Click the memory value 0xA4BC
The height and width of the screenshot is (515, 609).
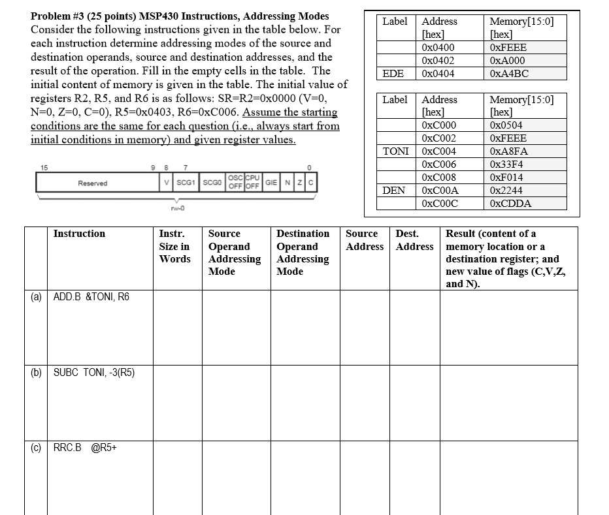pyautogui.click(x=509, y=74)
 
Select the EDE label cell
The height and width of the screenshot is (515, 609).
pyautogui.click(x=393, y=74)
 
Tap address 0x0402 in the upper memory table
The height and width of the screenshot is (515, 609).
pyautogui.click(x=438, y=61)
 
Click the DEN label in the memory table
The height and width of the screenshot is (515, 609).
pyautogui.click(x=394, y=191)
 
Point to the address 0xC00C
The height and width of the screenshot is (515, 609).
pyautogui.click(x=440, y=204)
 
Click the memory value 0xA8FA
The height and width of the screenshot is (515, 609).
pyautogui.click(x=508, y=151)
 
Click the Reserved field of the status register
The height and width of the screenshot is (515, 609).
pyautogui.click(x=93, y=183)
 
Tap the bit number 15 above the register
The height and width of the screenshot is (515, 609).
pyautogui.click(x=44, y=168)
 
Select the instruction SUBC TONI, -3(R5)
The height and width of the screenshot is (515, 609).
pyautogui.click(x=94, y=372)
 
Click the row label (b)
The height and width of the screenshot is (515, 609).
pyautogui.click(x=36, y=372)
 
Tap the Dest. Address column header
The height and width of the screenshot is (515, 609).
pyautogui.click(x=414, y=240)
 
